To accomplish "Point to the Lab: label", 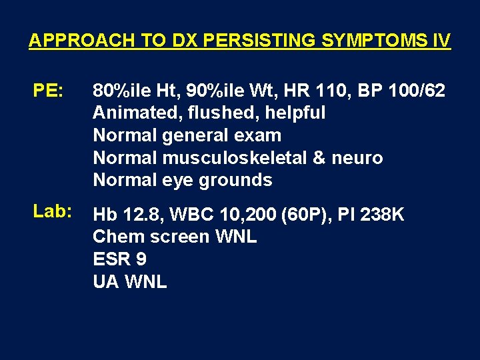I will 53,211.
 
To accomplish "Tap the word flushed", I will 219,113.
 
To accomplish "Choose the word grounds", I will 237,181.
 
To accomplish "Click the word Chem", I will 116,237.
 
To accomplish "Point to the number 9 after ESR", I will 141,259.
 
